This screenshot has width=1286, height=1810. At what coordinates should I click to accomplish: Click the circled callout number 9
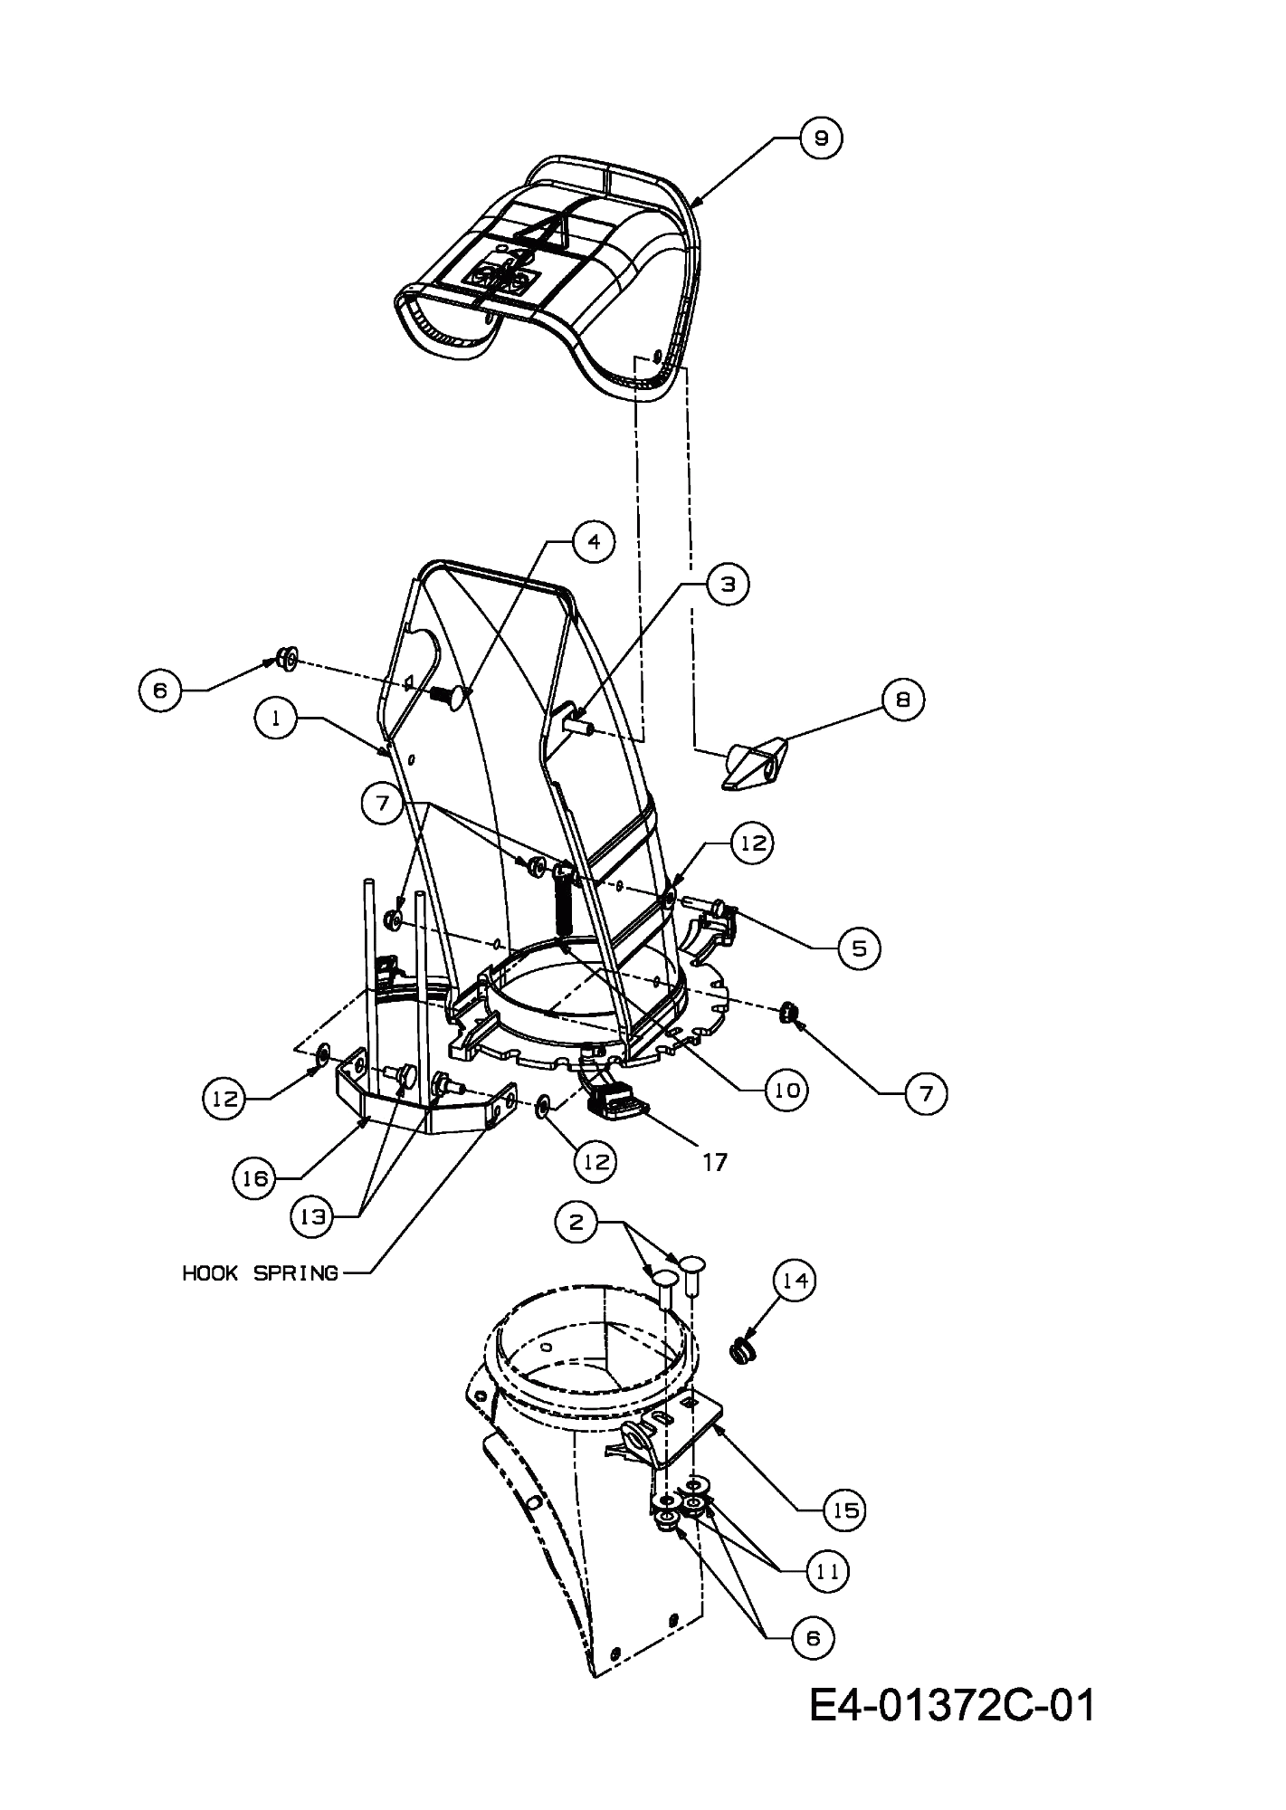(x=821, y=138)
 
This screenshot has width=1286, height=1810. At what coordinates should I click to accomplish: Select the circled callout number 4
(x=593, y=541)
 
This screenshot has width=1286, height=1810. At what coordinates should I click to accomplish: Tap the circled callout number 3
(x=728, y=584)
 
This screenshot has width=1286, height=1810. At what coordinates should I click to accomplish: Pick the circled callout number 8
(x=902, y=700)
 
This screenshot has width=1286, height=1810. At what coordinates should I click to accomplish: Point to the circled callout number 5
(x=858, y=948)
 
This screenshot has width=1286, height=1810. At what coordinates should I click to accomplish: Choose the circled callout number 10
(x=786, y=1091)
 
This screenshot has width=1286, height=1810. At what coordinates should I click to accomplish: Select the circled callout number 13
(x=312, y=1217)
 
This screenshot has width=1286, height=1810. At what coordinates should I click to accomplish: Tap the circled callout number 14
(x=794, y=1281)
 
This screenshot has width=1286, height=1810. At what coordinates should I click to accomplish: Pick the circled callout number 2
(x=576, y=1223)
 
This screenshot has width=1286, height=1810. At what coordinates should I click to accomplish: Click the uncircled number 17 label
(x=715, y=1162)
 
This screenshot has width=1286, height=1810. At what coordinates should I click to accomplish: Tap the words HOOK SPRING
(x=261, y=1273)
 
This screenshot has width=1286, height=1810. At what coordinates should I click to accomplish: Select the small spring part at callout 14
(x=742, y=1354)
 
